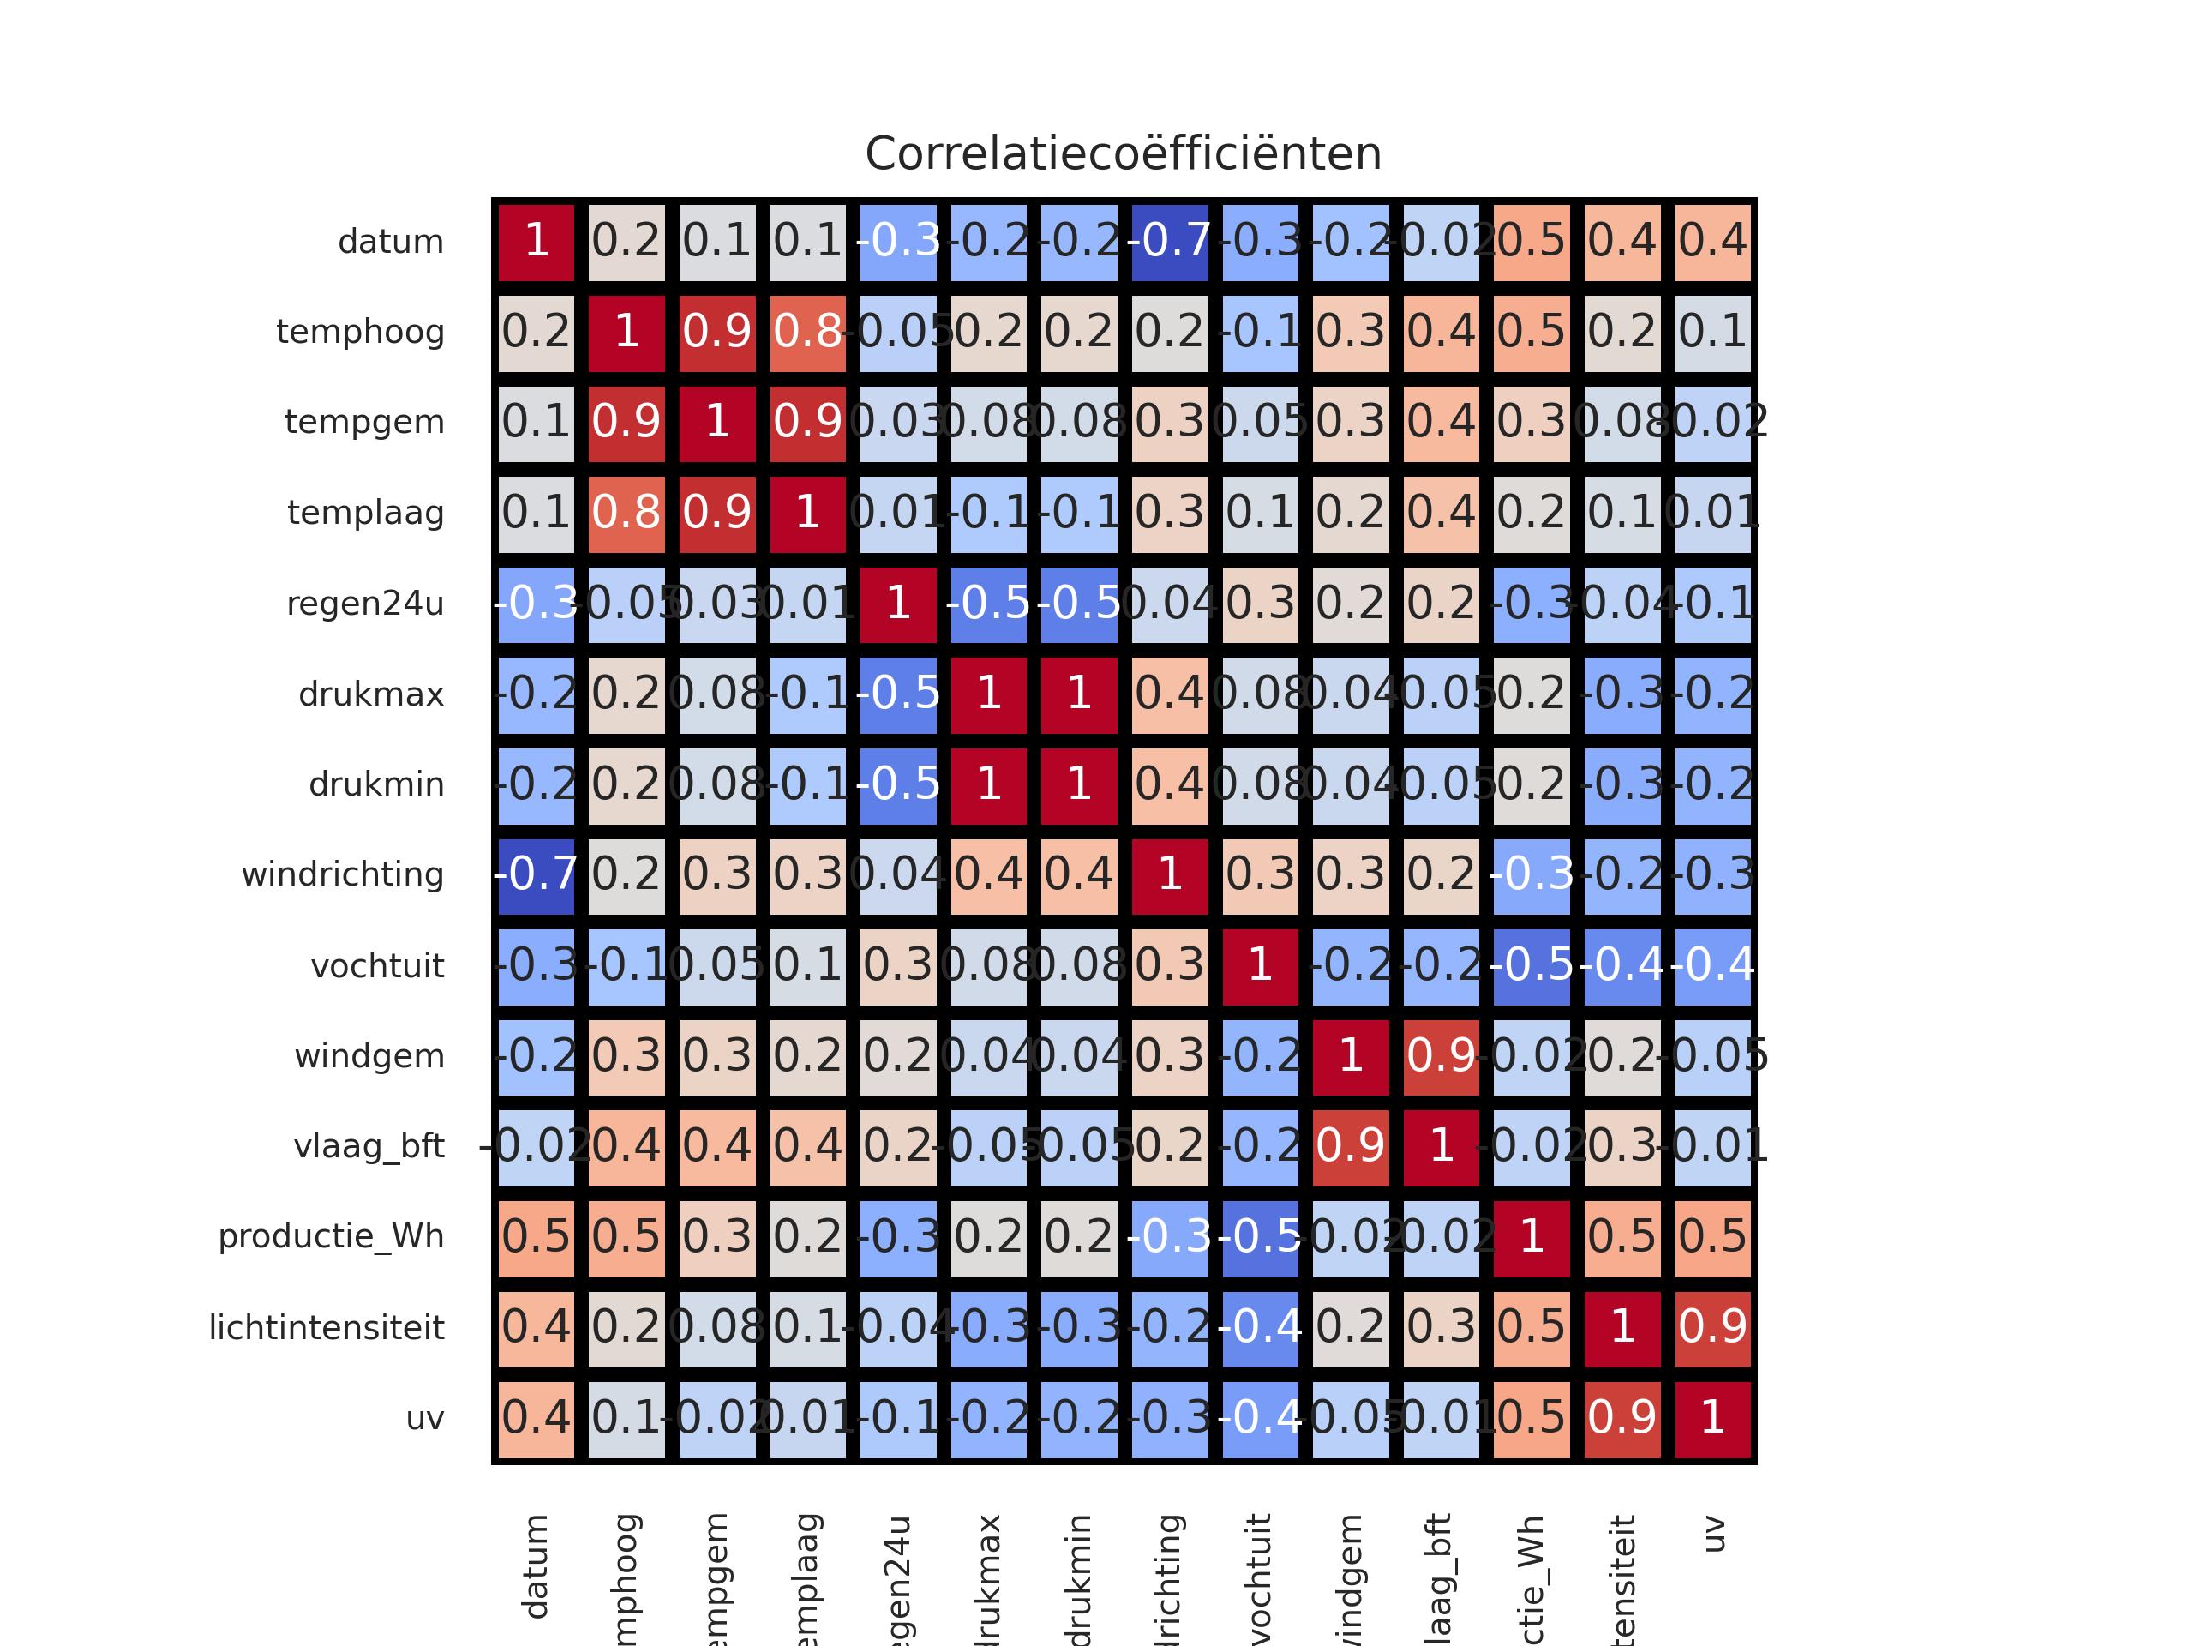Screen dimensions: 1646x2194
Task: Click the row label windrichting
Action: coord(342,875)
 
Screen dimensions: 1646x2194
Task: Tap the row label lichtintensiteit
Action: coord(327,1327)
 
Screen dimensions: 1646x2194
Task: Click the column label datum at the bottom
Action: coord(536,1565)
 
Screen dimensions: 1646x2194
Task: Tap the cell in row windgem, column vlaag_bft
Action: coord(1442,1055)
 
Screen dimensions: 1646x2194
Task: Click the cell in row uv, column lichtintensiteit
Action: coord(1622,1418)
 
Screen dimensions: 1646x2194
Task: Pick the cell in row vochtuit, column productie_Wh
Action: coord(1532,965)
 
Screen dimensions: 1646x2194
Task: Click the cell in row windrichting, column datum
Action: coord(536,875)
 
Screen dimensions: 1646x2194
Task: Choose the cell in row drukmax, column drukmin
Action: coord(1079,694)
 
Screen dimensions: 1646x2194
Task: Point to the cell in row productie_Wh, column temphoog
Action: coord(626,1237)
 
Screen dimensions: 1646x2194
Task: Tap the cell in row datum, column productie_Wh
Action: coord(1532,241)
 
